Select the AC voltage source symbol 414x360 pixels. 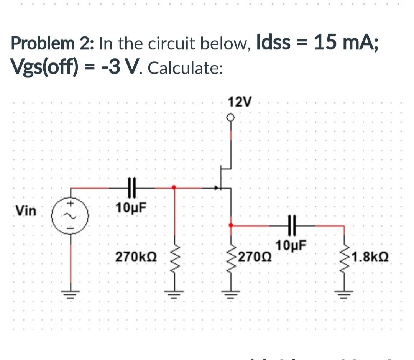pos(71,216)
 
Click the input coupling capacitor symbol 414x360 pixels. pos(132,188)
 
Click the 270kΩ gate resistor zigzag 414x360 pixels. pos(174,259)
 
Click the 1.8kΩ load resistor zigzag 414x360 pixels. pos(344,259)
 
